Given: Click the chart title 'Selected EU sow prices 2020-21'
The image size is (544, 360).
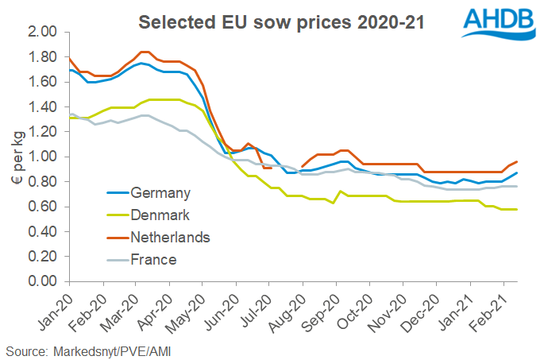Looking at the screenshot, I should [x=281, y=21].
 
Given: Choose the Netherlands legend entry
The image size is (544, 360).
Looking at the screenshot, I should [x=171, y=237].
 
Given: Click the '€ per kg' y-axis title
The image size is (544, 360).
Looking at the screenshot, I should [x=14, y=157].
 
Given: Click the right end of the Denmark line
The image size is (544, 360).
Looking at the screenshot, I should [x=518, y=210].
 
